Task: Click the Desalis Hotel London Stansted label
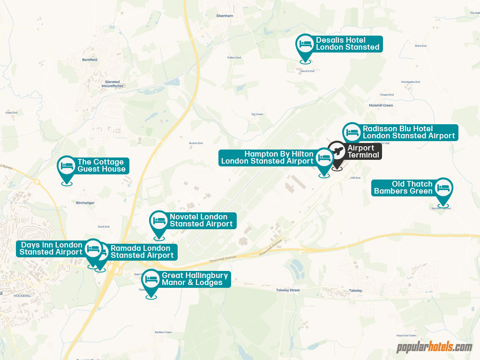[x=347, y=44]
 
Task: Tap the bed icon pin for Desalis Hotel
[x=306, y=45]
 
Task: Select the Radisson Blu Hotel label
[x=408, y=132]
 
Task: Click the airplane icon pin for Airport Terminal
[x=337, y=152]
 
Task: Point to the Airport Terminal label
[x=363, y=151]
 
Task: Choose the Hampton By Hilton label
[x=267, y=157]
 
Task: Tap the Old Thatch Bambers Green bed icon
[x=443, y=188]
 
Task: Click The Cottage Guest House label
[x=101, y=165]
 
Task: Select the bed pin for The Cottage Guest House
[x=67, y=166]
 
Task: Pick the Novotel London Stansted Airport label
[x=201, y=220]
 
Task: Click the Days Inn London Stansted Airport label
[x=51, y=248]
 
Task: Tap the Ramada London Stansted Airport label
[x=142, y=252]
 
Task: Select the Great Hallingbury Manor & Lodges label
[x=195, y=279]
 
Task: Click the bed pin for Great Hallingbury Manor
[x=151, y=280]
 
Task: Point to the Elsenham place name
[x=225, y=15]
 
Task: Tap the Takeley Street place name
[x=288, y=291]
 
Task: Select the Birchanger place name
[x=85, y=203]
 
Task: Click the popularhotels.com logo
[x=434, y=347]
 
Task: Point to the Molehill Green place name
[x=381, y=105]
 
